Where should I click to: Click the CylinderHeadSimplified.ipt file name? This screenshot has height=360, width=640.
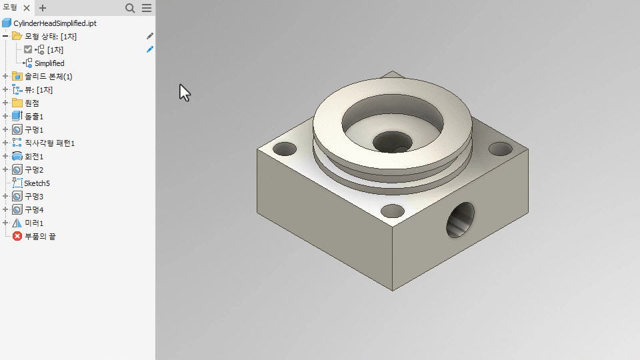[x=55, y=23]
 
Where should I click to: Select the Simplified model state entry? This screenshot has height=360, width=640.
[x=49, y=63]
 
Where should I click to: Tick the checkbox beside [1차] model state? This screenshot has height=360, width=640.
[x=28, y=50]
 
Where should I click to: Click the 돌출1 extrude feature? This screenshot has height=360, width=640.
[x=34, y=116]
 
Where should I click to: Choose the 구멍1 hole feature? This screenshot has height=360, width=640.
[x=34, y=130]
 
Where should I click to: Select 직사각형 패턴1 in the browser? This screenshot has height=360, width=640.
[x=50, y=143]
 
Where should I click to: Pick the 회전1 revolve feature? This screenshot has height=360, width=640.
[x=34, y=156]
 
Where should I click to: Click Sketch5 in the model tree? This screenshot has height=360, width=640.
[x=37, y=183]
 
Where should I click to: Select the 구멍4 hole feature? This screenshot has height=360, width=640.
[x=34, y=210]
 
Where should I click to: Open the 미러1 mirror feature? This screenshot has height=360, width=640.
[x=34, y=223]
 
